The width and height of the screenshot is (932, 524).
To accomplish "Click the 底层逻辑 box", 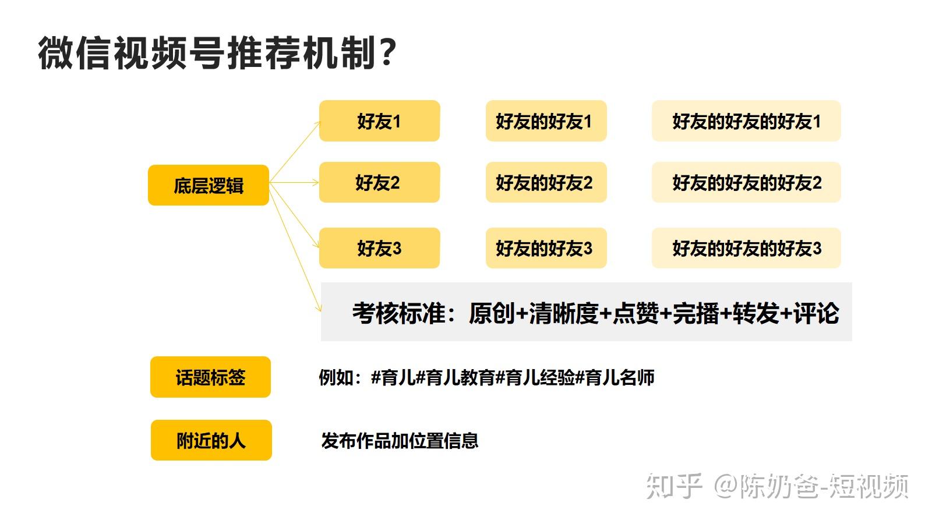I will (209, 185).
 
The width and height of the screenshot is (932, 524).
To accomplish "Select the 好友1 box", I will (379, 121).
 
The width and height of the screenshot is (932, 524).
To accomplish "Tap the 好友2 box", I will (379, 182).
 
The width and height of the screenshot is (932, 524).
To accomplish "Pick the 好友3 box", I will (379, 248).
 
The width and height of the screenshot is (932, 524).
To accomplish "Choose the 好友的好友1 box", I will (546, 121).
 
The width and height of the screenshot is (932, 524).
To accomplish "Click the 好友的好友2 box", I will (546, 182).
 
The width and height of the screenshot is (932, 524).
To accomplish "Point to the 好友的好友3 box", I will (546, 248).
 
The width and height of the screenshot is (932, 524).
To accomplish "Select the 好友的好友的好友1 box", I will (746, 121).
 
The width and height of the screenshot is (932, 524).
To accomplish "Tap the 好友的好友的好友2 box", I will (746, 182).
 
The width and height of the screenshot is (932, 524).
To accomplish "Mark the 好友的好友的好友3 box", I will (746, 248).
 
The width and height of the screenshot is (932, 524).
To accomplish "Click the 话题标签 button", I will (210, 377).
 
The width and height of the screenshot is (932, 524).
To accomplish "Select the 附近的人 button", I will (211, 440).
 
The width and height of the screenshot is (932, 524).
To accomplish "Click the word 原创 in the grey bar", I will (492, 313).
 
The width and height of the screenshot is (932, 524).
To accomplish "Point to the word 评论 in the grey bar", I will (816, 313).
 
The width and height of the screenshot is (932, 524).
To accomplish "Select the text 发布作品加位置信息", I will (400, 440).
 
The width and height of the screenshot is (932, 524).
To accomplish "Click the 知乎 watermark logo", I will (673, 486).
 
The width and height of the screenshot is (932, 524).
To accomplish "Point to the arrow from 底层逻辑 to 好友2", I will (294, 183).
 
